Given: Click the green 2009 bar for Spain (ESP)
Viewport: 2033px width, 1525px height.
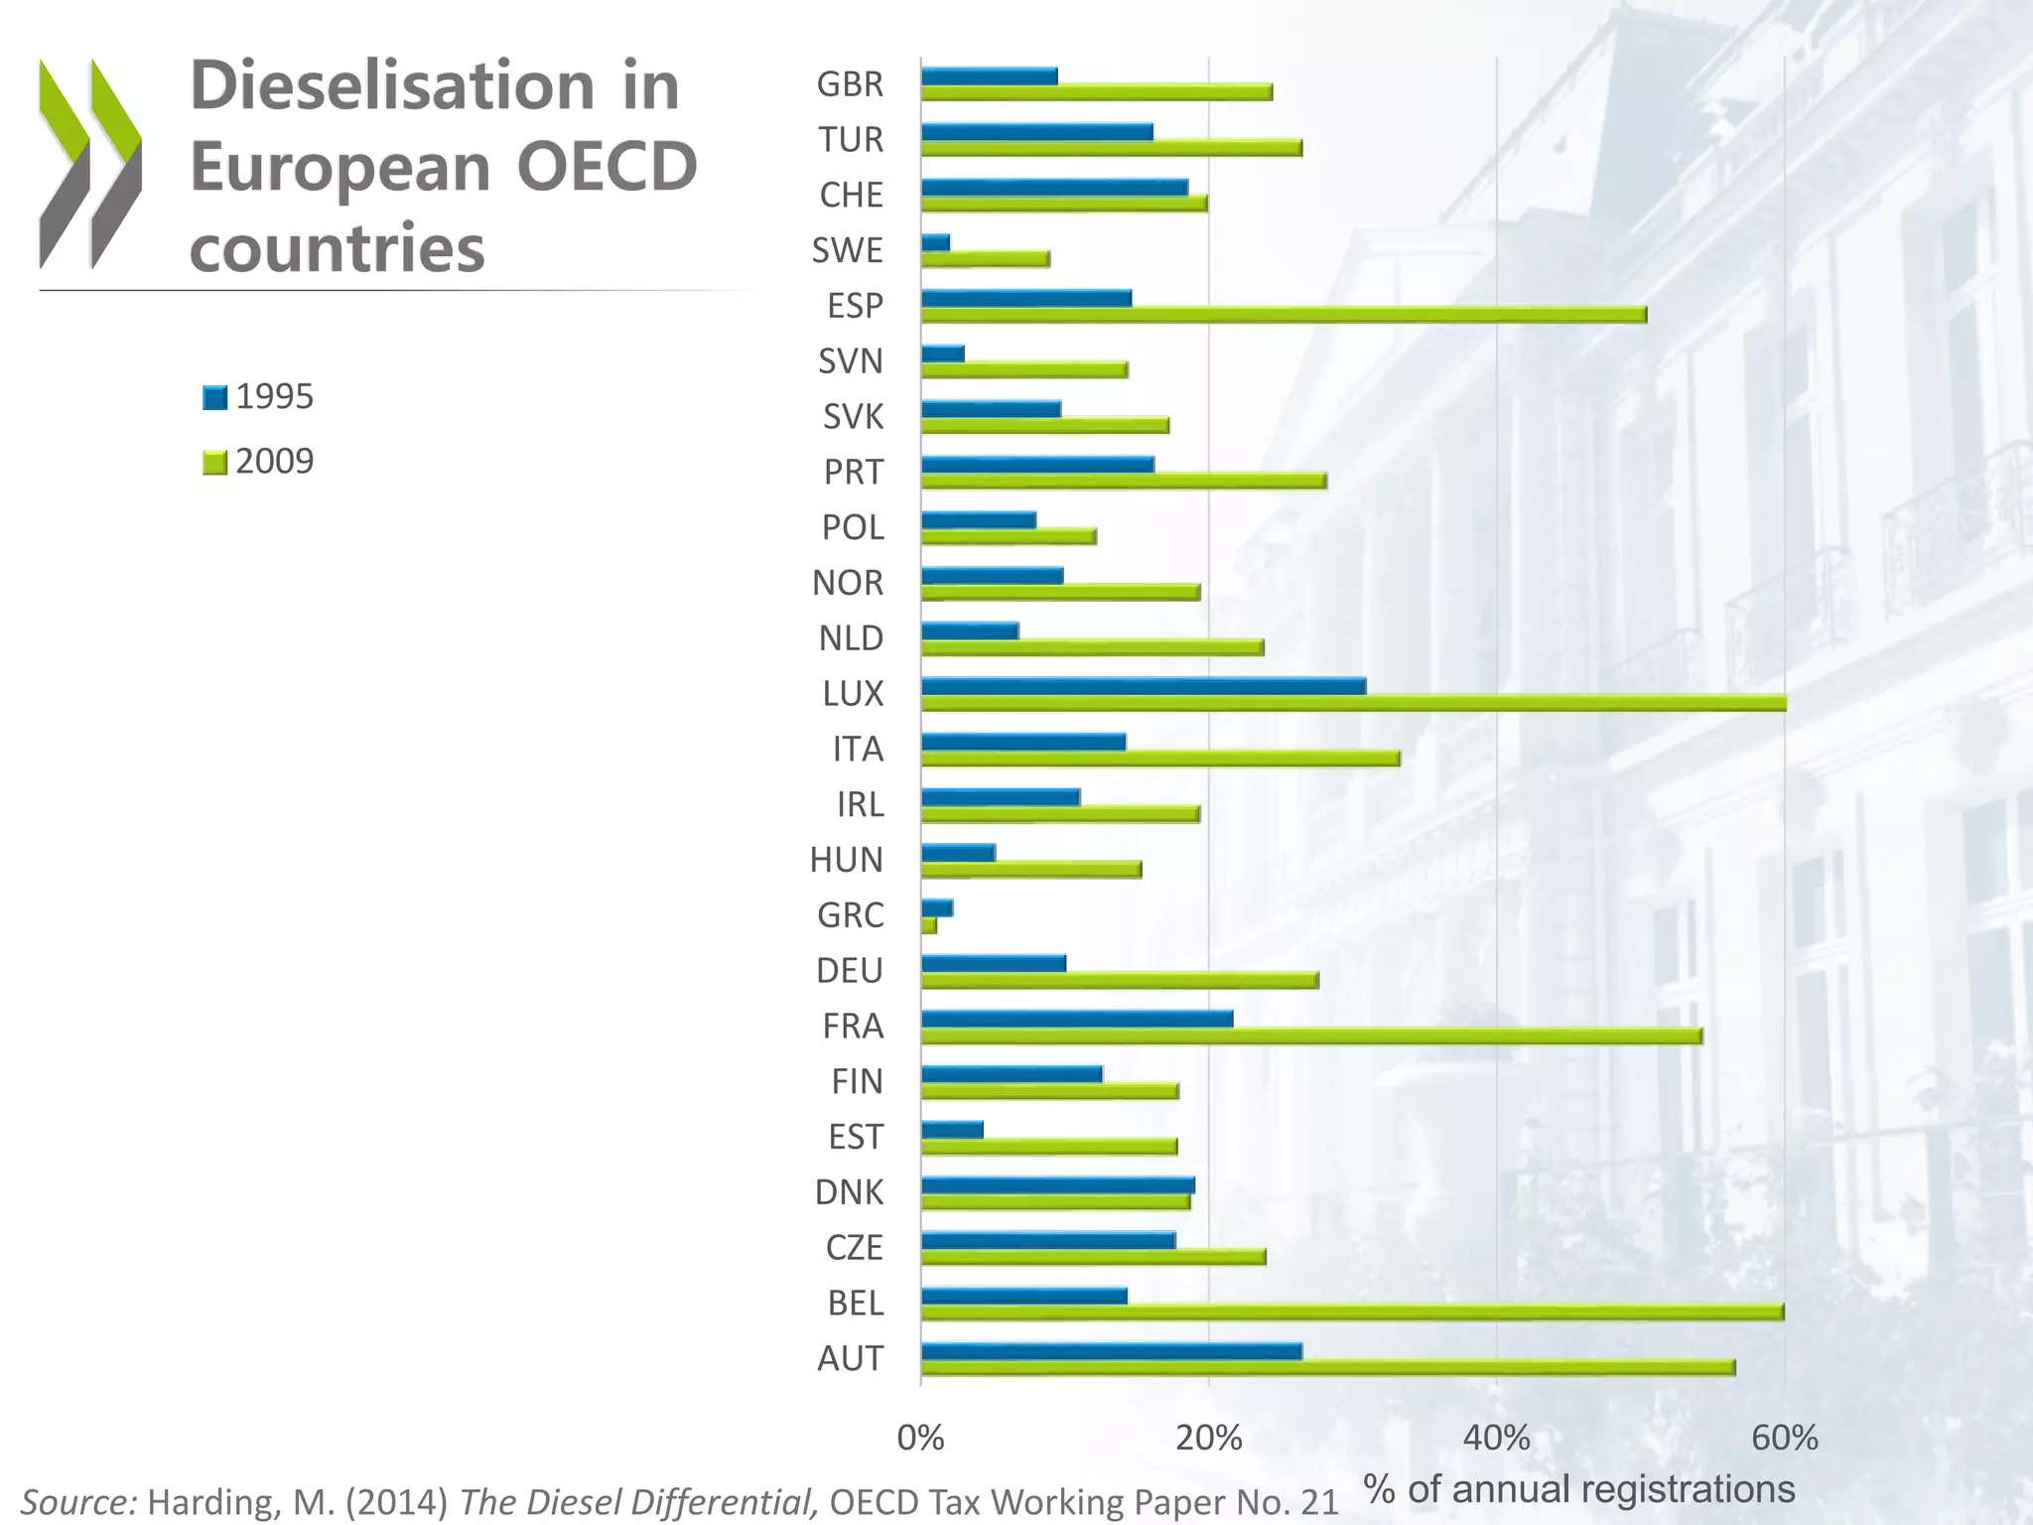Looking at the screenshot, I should tap(1283, 315).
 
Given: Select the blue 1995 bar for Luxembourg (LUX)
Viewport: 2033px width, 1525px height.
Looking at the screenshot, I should tap(1143, 686).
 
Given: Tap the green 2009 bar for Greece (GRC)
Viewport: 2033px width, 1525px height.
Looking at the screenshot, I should tap(929, 925).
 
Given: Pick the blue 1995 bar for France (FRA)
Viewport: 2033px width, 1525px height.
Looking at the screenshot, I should tap(1076, 1019).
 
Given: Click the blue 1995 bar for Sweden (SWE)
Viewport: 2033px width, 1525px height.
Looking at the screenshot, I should tap(935, 242).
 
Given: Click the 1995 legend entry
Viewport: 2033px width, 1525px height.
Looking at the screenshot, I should tap(258, 397).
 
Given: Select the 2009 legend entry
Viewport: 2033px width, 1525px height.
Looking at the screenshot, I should tap(258, 462).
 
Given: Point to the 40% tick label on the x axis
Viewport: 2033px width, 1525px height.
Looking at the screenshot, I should tap(1496, 1438).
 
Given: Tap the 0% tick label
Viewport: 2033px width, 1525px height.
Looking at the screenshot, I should tap(920, 1438).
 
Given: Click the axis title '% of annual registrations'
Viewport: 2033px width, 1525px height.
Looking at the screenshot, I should tap(1578, 1489).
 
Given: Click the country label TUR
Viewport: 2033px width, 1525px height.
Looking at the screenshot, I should tap(851, 140).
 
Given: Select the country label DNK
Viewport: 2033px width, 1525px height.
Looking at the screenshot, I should tap(849, 1192).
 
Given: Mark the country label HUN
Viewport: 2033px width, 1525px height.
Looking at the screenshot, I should tap(846, 860).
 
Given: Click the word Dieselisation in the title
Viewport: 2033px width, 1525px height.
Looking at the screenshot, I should tap(392, 86).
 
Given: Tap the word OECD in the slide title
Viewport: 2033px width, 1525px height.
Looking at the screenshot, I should tap(607, 167).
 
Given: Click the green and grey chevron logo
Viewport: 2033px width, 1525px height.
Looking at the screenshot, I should tap(90, 164).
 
